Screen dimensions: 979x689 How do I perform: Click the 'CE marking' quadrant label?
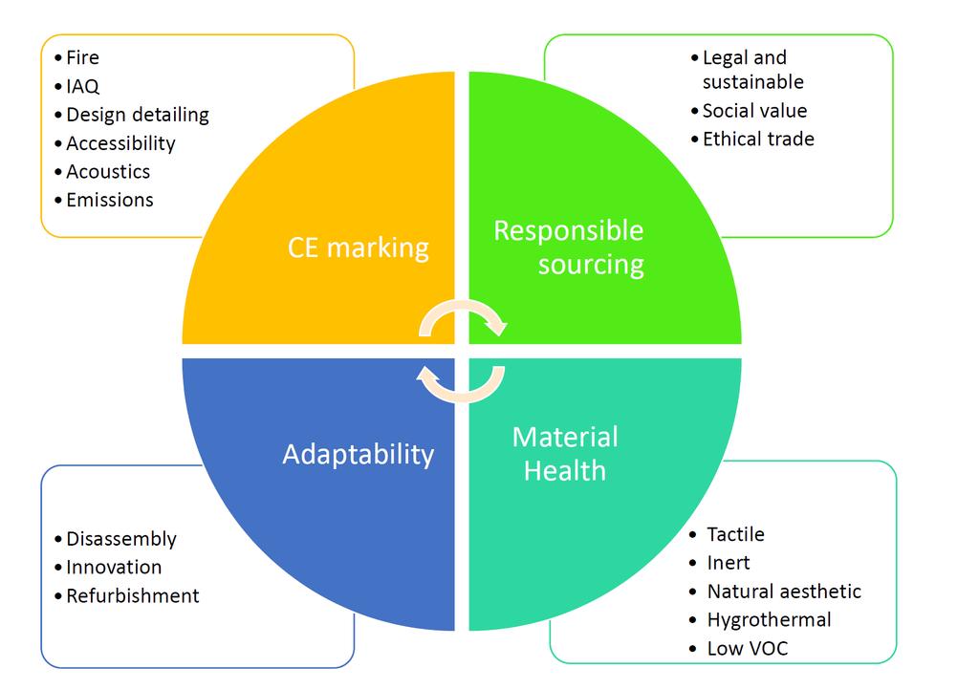click(x=358, y=248)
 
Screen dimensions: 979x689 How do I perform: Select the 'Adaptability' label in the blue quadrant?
click(x=359, y=454)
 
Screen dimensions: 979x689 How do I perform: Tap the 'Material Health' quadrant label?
click(x=565, y=454)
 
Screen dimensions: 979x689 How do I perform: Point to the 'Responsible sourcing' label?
click(x=569, y=248)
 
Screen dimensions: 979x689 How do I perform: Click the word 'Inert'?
click(x=728, y=563)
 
